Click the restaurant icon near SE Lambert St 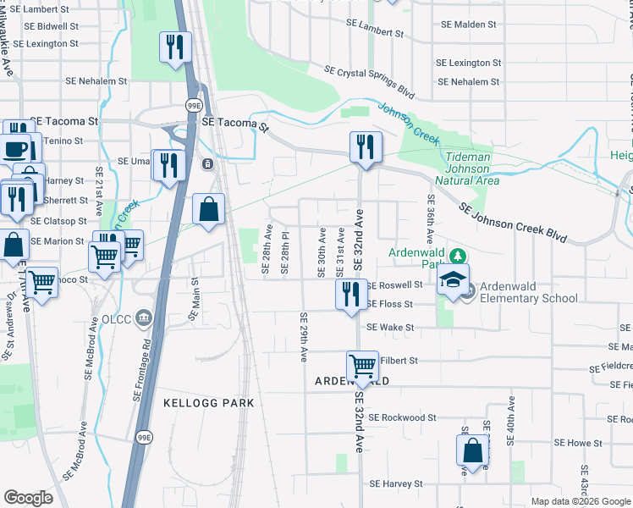[175, 47]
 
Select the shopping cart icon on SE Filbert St [362, 367]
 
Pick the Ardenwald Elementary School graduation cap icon [453, 281]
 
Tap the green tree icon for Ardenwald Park [458, 255]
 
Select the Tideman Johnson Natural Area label [463, 168]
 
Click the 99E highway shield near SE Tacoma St [194, 104]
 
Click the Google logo [28, 498]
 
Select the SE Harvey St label [394, 484]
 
